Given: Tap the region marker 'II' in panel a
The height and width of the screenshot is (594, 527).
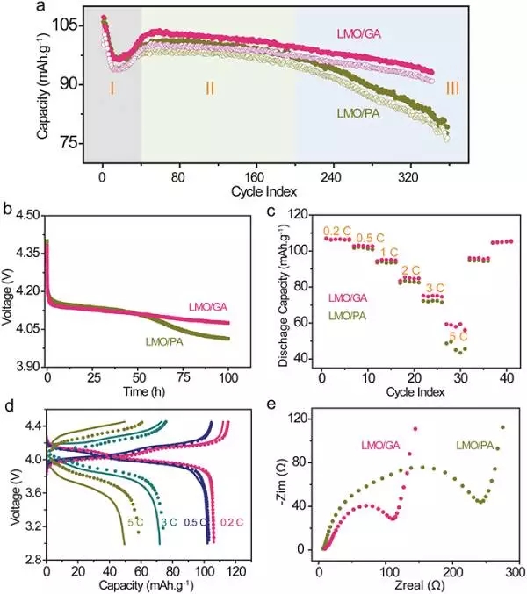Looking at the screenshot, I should [210, 88].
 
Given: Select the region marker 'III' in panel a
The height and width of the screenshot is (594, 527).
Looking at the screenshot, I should [452, 88].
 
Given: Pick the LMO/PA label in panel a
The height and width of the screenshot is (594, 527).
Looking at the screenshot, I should [359, 113].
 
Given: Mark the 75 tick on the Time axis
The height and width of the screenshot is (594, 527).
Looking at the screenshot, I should [184, 376].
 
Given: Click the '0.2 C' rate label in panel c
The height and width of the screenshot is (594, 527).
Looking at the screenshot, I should [337, 231].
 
